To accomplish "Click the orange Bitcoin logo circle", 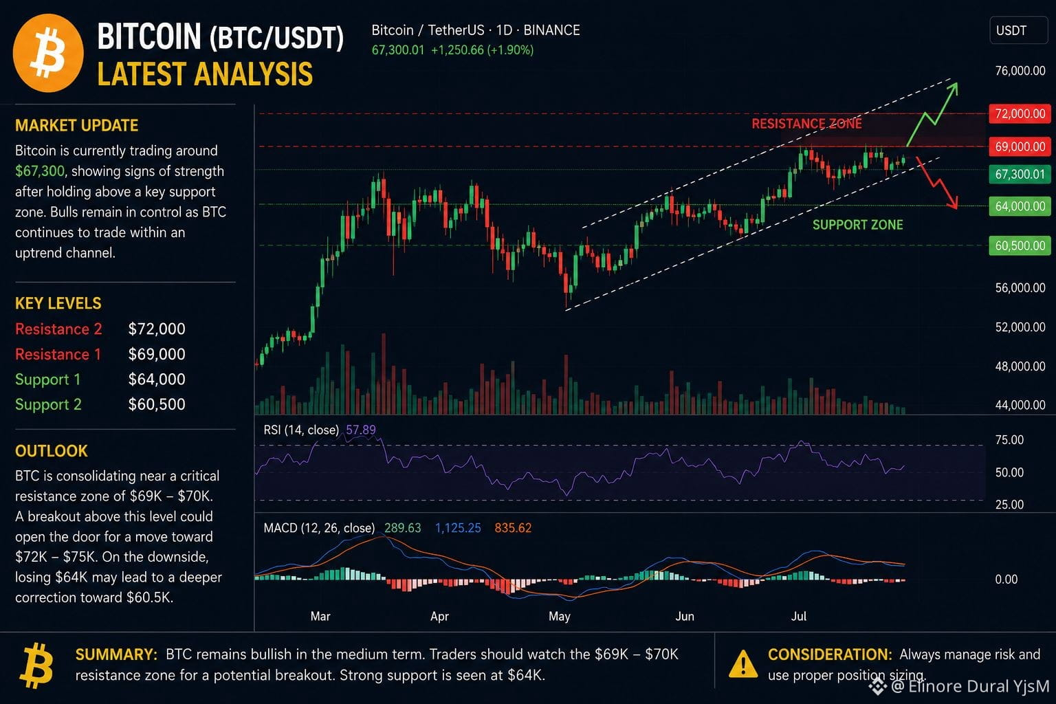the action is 48,53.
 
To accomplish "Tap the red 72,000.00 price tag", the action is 1020,113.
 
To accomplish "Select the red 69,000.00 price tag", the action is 1020,146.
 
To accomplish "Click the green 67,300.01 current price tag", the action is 1020,175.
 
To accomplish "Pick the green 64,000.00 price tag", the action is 1020,206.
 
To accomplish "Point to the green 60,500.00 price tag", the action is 1020,245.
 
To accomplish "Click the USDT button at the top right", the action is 1019,31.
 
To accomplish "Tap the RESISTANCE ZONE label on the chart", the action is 806,124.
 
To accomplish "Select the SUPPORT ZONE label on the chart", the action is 858,225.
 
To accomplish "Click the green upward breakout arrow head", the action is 954,89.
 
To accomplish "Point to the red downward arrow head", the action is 954,203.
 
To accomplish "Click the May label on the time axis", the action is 560,616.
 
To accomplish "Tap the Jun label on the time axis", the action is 685,616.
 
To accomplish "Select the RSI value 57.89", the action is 361,430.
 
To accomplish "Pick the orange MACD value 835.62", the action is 513,527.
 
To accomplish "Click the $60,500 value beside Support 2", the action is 157,404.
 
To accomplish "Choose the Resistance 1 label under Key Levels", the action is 58,354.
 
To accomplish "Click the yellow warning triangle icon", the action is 743,663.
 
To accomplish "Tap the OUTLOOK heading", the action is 52,451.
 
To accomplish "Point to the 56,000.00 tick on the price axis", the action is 1020,287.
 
